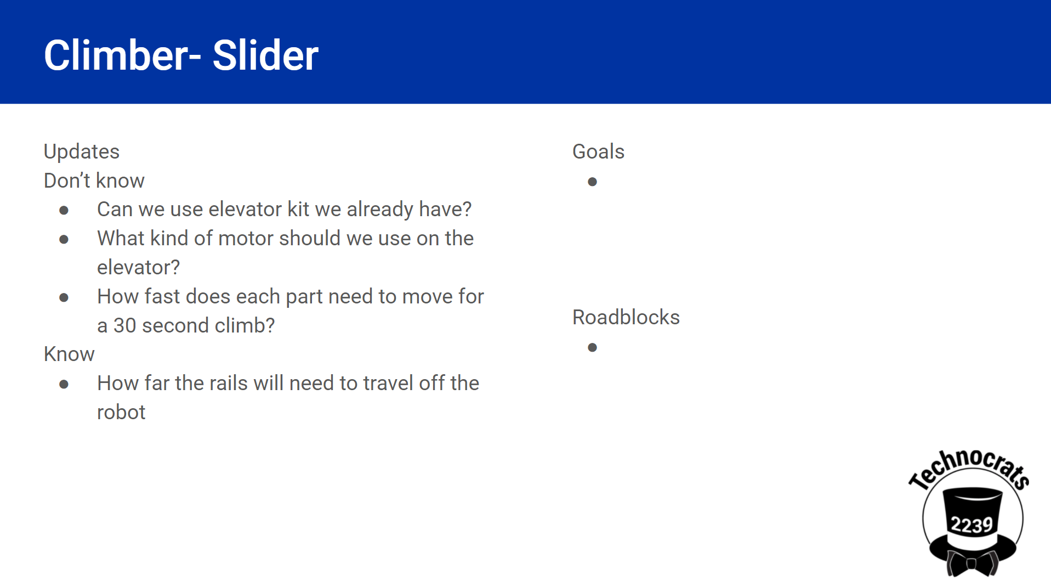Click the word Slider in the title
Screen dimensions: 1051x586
point(265,55)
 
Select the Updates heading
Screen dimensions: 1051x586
point(82,152)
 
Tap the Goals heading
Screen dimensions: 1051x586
point(598,151)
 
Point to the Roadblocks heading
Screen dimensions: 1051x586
point(626,317)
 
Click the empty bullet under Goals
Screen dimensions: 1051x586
point(592,182)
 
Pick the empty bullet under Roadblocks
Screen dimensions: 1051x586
point(592,347)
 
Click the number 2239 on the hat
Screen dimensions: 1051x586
point(972,525)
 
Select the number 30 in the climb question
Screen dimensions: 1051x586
point(124,326)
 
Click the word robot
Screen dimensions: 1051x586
point(121,413)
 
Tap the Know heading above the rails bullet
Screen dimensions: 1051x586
point(69,354)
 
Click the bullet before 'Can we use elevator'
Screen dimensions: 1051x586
point(64,210)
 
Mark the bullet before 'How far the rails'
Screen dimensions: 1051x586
point(64,384)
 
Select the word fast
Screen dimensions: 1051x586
point(162,297)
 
